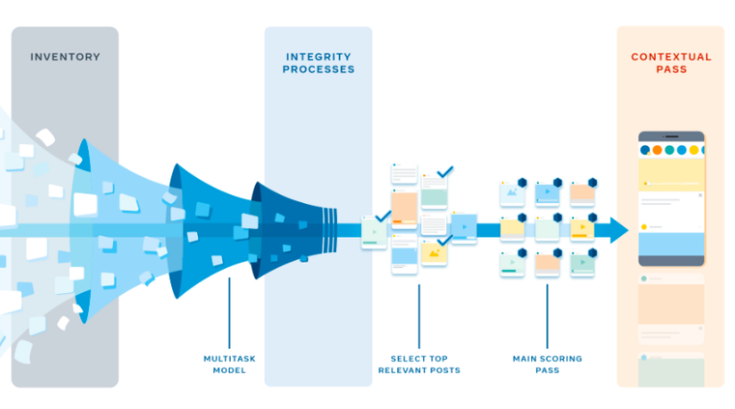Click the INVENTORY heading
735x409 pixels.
coord(64,57)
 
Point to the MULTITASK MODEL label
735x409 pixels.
coord(229,364)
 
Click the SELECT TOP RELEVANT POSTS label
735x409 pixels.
coord(418,364)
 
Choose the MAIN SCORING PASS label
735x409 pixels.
coord(546,364)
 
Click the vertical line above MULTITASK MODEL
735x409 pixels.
coord(229,311)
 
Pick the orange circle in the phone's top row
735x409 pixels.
coord(657,150)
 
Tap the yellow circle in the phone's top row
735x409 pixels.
coord(693,150)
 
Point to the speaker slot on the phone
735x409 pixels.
coord(671,138)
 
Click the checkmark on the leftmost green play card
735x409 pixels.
coord(383,217)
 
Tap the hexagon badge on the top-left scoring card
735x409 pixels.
coord(523,182)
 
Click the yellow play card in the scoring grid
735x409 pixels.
coord(583,228)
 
